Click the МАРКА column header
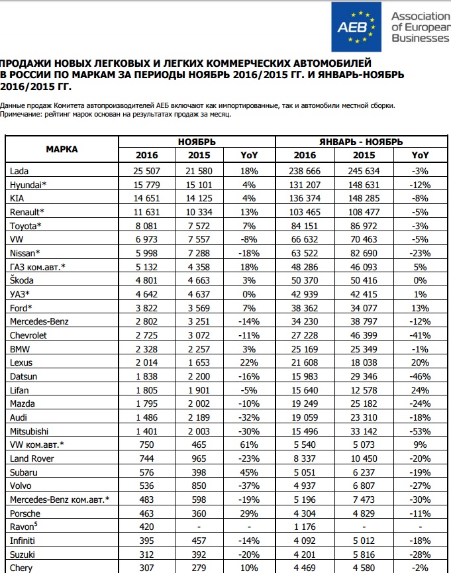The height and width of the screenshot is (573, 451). point(62,149)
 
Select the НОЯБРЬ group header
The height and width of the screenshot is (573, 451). point(197,142)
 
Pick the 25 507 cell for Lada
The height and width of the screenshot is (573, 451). point(147,171)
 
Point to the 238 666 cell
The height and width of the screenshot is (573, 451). point(305,171)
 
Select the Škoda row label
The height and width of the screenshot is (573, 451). point(23,280)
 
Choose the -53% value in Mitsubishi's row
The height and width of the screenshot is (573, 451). point(420,431)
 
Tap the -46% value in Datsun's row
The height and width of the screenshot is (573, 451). point(420,376)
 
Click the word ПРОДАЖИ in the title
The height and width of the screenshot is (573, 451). point(30,58)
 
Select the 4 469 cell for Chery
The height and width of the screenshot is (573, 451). point(305,567)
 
